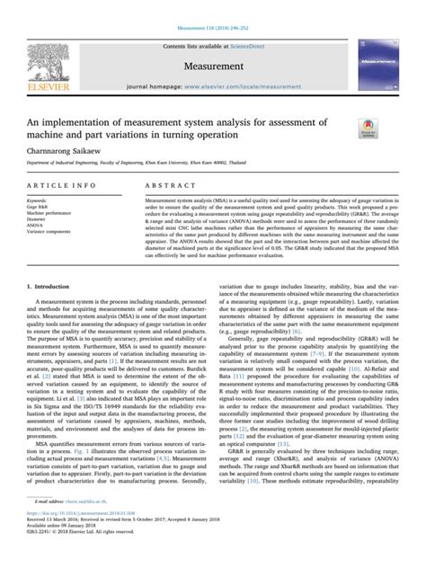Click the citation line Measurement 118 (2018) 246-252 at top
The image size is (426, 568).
click(x=212, y=6)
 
